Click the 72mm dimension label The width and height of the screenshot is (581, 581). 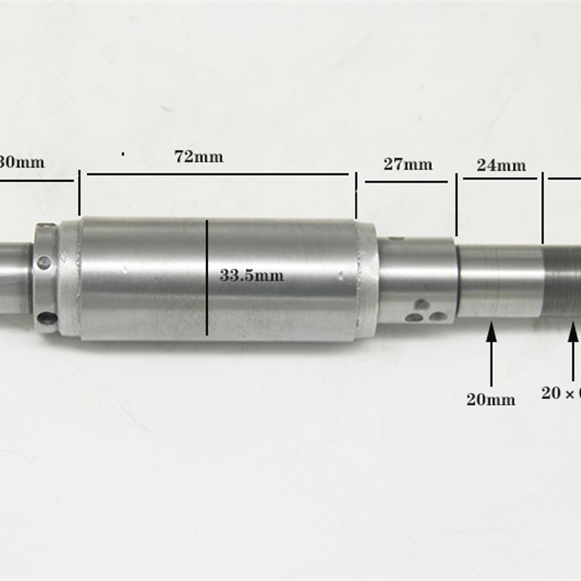click(198, 157)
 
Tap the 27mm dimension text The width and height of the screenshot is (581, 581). click(407, 164)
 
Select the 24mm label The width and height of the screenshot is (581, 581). click(501, 165)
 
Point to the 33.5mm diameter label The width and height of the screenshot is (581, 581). click(251, 275)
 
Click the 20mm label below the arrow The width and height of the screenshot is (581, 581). click(491, 399)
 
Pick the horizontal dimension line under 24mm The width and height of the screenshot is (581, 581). click(500, 177)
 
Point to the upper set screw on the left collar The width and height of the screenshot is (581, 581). click(44, 262)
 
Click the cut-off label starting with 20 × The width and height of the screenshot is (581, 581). click(561, 393)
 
